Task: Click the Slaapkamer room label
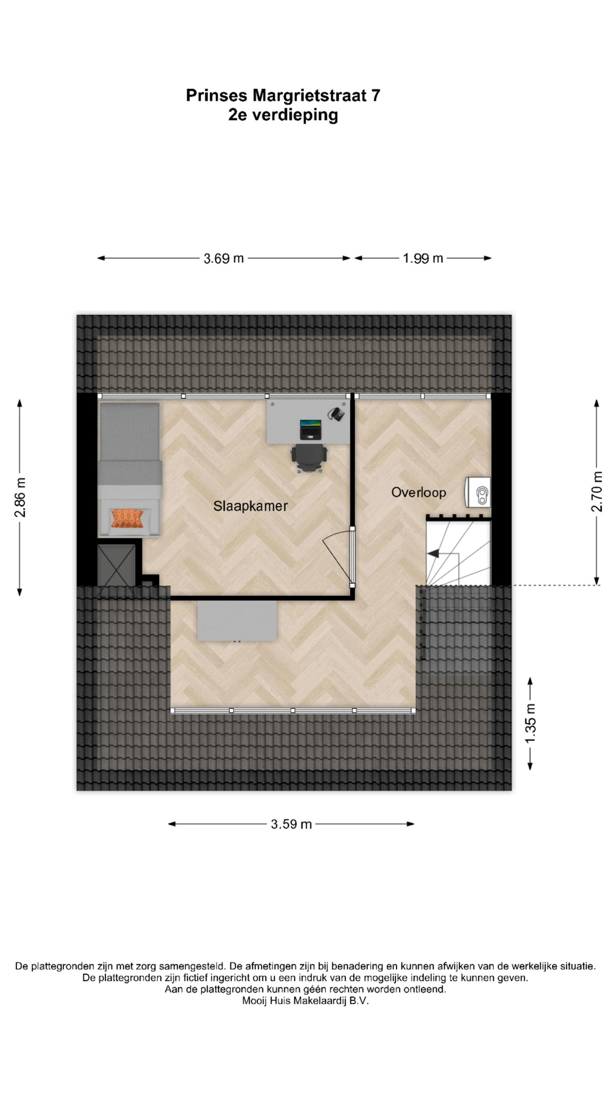pos(250,506)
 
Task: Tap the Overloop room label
pos(419,493)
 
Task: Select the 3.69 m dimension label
pos(224,258)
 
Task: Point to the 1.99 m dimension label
pos(423,258)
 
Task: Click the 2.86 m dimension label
pos(21,497)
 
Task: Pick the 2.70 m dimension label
pos(597,492)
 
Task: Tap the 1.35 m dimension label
pos(530,723)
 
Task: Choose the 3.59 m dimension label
pos(291,824)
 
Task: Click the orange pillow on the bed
pos(128,519)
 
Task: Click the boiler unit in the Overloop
pos(478,492)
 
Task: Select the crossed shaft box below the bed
pos(116,565)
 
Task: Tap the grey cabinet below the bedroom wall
pos(237,620)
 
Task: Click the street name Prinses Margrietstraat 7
pos(283,95)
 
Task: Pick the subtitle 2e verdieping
pos(283,115)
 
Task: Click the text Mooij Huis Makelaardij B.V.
pos(306,1001)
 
